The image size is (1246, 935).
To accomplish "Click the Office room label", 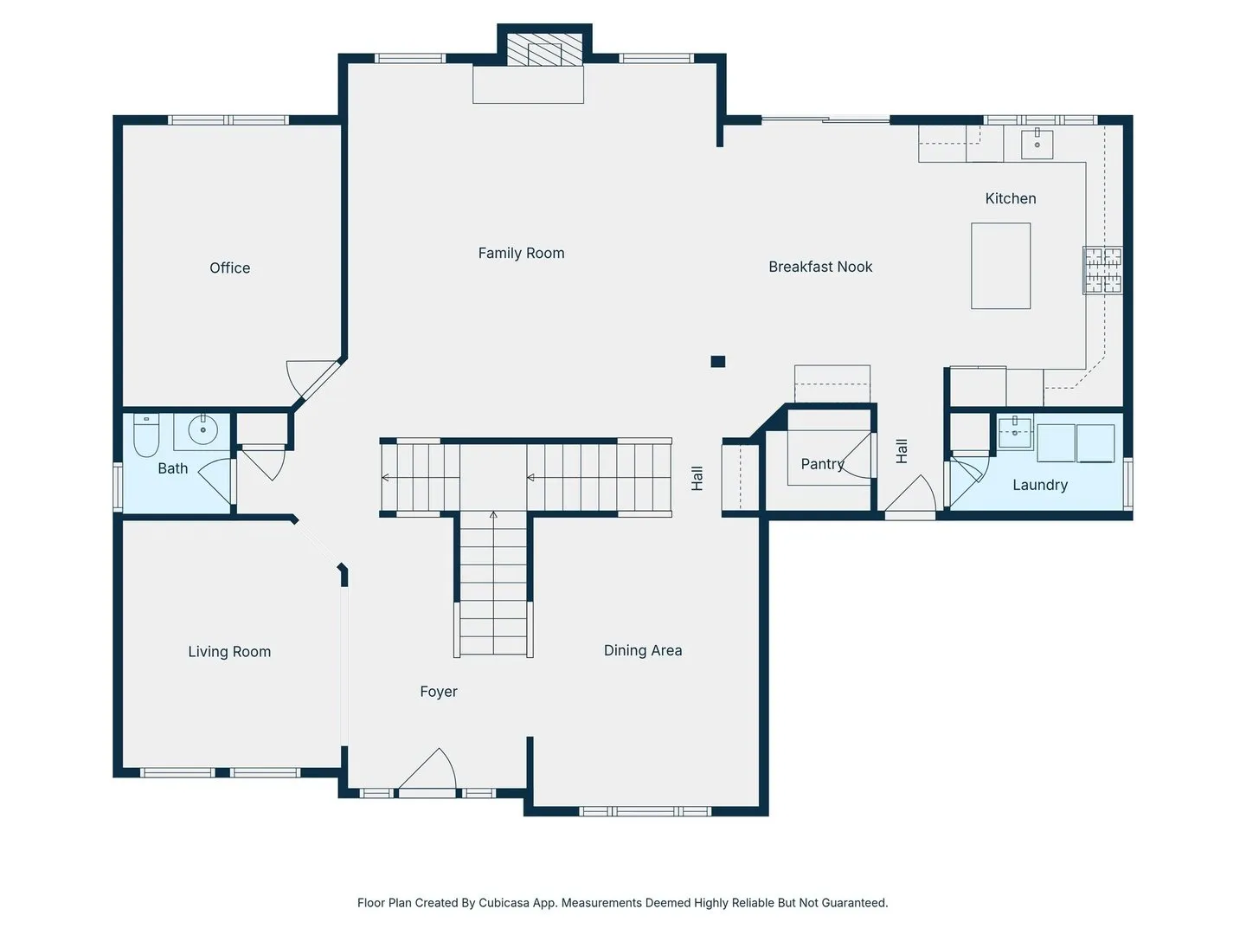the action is (229, 268).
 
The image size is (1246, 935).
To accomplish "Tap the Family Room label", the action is (521, 253).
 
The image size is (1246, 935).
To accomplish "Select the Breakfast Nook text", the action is (820, 267).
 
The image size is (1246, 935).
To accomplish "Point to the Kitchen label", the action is (1011, 199).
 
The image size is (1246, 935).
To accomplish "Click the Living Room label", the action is (229, 652).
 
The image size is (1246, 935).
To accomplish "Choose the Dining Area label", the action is (643, 650).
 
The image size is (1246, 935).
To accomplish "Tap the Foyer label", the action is (438, 692).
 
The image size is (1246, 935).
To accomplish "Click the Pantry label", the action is (823, 464).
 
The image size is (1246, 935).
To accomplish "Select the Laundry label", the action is (1040, 486).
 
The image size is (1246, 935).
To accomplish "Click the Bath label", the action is (172, 468).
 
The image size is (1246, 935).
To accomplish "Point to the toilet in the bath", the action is (146, 435).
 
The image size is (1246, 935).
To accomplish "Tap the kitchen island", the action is (1001, 266).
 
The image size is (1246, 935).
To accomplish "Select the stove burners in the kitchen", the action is (1102, 270).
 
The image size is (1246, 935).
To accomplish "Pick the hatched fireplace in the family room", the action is (544, 50).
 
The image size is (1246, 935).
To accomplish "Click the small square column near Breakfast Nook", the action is (718, 362).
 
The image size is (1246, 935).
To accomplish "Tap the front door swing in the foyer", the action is (427, 770).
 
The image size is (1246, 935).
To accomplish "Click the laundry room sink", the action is (1015, 433).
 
